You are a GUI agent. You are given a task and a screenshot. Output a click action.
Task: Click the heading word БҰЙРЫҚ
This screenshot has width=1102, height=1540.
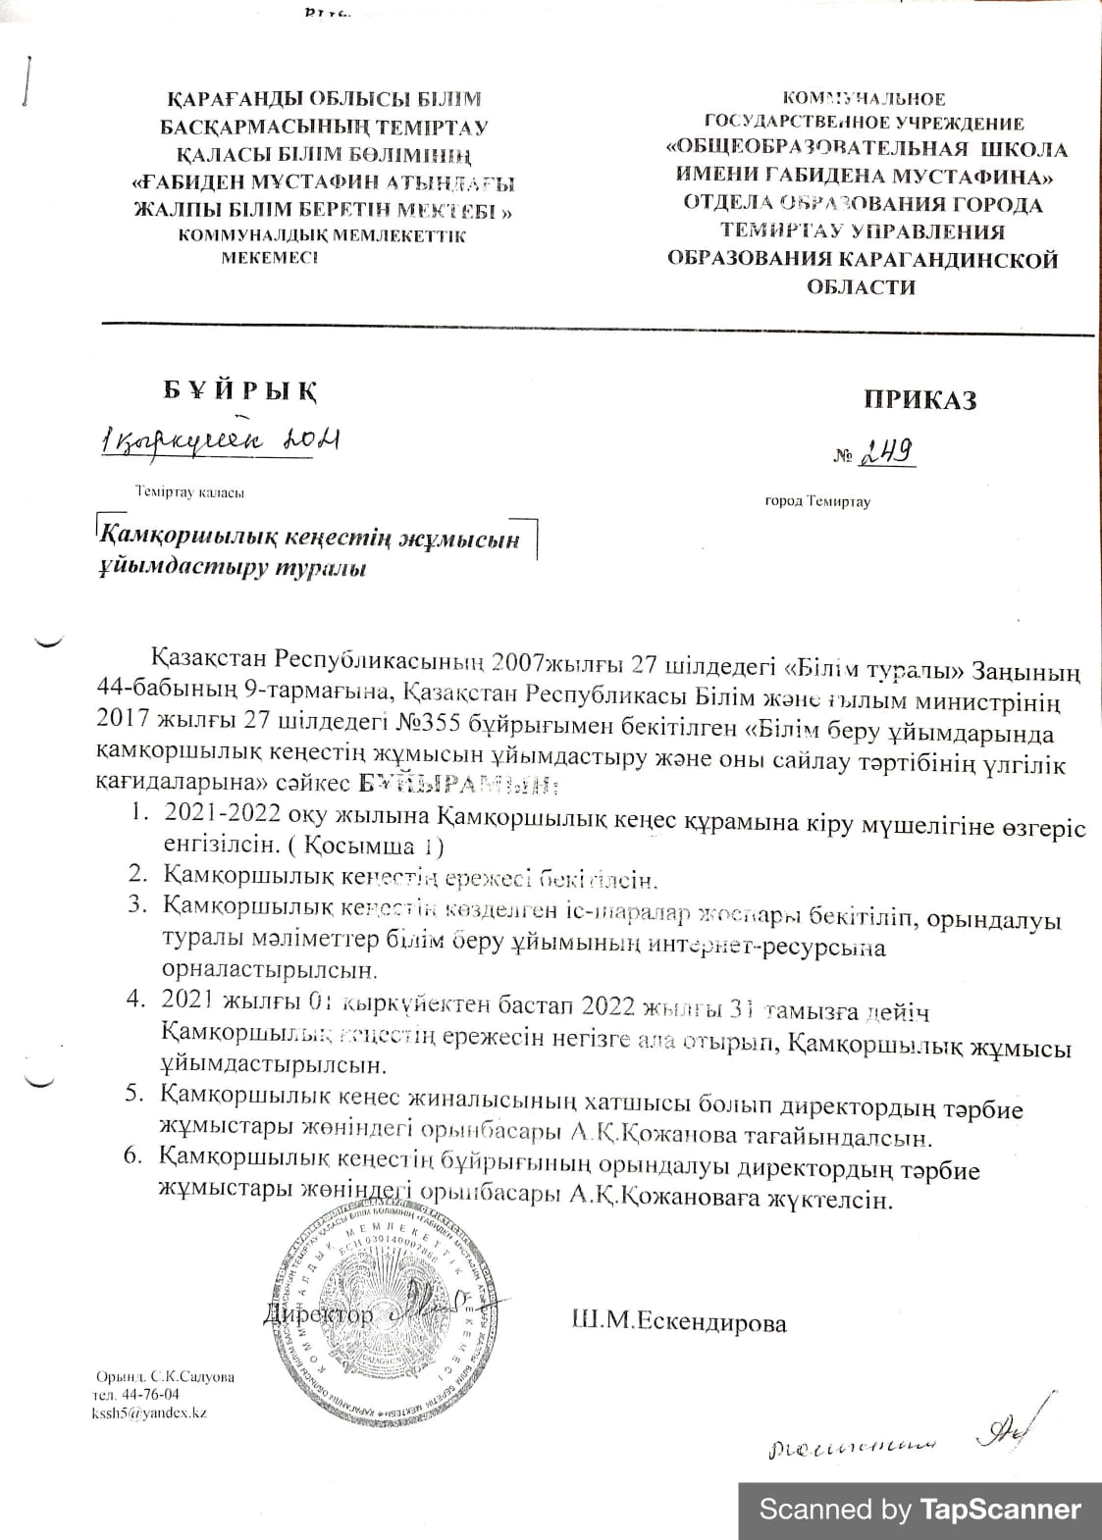click(240, 389)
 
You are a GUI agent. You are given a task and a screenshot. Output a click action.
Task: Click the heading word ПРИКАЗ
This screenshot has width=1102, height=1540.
click(919, 399)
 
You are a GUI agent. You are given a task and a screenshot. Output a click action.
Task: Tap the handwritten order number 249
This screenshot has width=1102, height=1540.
click(887, 452)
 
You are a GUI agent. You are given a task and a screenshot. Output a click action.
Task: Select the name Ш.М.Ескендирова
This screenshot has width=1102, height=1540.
click(678, 1322)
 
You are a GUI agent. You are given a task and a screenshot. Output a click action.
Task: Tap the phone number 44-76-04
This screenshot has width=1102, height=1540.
click(149, 1394)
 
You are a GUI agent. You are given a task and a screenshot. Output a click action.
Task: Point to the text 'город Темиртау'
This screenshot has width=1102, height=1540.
click(817, 501)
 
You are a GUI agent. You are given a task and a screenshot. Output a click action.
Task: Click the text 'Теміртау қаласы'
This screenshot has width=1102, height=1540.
click(190, 491)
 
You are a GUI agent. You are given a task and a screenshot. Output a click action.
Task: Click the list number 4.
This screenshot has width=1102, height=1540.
click(134, 1000)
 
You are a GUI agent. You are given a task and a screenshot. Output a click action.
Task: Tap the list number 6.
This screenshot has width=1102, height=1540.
click(134, 1156)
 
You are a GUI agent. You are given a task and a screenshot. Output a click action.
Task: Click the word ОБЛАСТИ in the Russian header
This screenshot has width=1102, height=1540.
click(861, 287)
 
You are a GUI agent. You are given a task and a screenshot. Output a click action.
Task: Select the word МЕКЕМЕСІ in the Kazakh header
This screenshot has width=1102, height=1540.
click(269, 258)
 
